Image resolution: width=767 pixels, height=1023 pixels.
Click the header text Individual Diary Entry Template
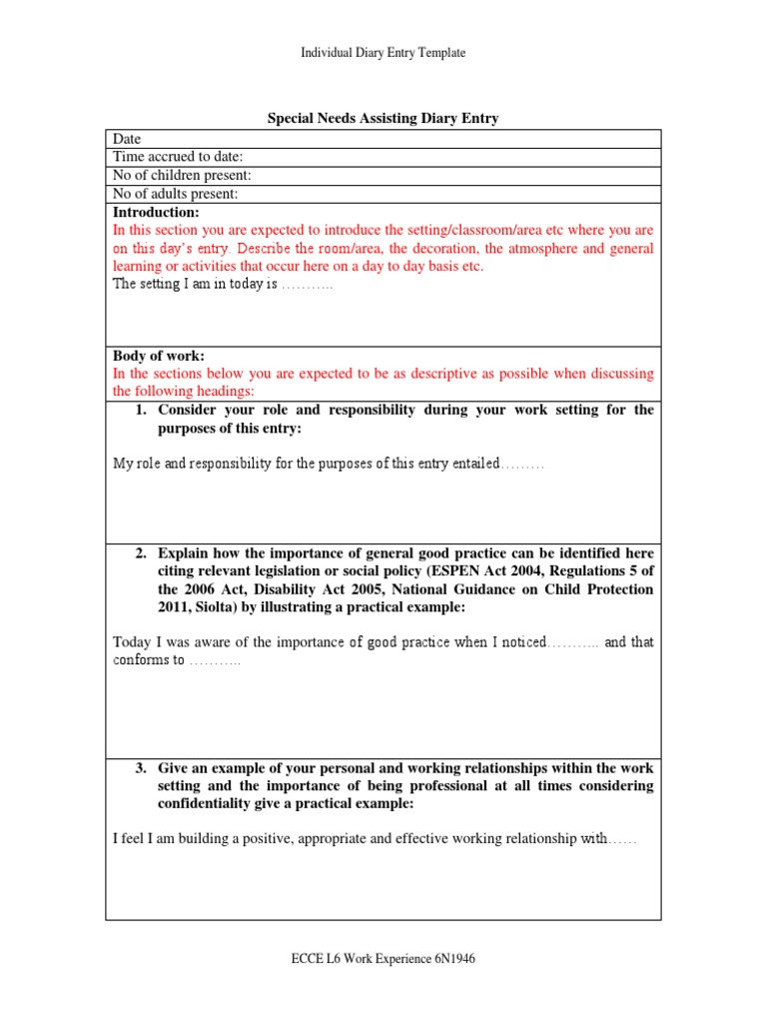(x=383, y=53)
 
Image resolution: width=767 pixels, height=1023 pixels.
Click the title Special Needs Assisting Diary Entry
(x=383, y=119)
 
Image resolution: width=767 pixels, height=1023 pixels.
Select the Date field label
(x=127, y=139)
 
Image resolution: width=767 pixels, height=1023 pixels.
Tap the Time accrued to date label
(x=178, y=157)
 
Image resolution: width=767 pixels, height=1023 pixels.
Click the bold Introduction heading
(x=156, y=212)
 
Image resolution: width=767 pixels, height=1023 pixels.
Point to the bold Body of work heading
(x=159, y=356)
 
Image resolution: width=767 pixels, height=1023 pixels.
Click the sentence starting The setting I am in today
(x=222, y=285)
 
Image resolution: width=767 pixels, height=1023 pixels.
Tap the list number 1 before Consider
(x=142, y=410)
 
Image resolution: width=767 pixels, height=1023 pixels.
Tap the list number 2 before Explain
(x=142, y=553)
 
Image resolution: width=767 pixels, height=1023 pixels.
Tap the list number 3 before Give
(x=142, y=768)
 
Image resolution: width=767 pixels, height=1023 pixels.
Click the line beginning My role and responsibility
(x=328, y=465)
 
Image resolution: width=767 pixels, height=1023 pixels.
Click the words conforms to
(x=149, y=661)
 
